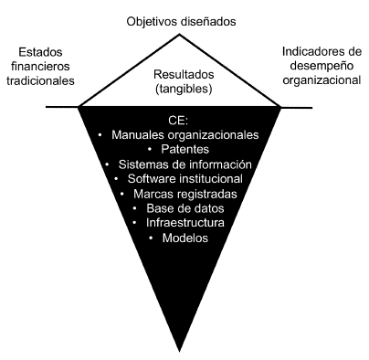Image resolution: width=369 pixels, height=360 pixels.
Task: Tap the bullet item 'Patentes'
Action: (x=182, y=150)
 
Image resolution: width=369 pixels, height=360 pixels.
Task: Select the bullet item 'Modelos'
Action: (x=182, y=238)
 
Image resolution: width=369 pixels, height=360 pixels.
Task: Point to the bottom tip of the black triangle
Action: (x=183, y=350)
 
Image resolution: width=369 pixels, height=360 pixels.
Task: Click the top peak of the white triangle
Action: (x=182, y=35)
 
